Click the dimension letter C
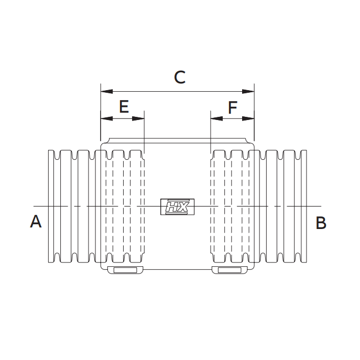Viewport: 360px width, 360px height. (180, 78)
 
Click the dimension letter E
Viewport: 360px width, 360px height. (124, 107)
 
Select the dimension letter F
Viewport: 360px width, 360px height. (233, 107)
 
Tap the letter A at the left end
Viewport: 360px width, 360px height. (36, 222)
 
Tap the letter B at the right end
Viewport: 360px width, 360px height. (321, 223)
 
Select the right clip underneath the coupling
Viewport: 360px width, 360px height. (230, 270)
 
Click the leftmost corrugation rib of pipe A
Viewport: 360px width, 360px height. (51, 206)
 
